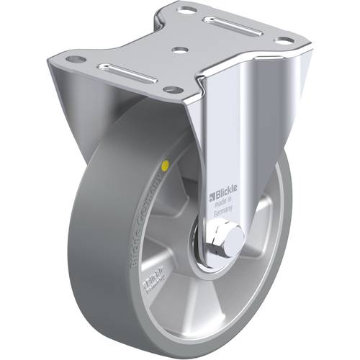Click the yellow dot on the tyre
[x=167, y=166]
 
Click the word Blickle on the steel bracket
[x=225, y=194]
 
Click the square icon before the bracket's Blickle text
[x=211, y=193]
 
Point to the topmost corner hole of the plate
[x=186, y=11]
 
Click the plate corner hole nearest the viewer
[x=171, y=89]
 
